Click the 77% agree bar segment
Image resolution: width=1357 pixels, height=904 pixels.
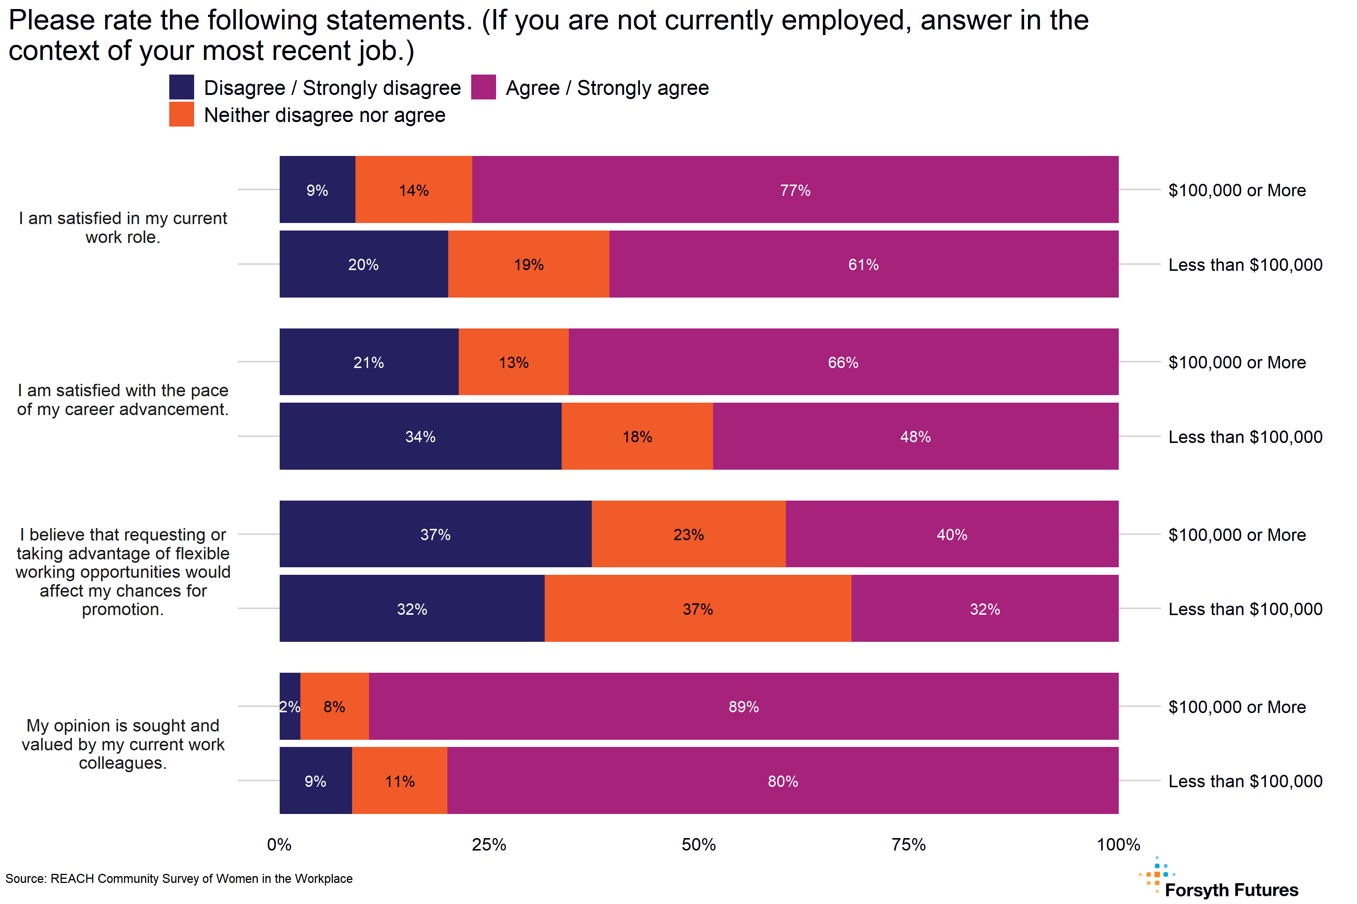click(795, 190)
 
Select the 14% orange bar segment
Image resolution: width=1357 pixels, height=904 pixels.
click(414, 190)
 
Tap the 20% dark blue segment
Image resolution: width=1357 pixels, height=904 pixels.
click(363, 264)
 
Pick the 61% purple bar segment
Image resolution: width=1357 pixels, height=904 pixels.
click(863, 264)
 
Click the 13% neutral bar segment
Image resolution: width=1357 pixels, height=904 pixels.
click(513, 362)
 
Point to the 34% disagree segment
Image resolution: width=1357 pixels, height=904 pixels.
click(420, 437)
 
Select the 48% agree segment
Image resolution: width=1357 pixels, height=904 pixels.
click(915, 437)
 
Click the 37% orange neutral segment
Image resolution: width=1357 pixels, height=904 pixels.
click(698, 609)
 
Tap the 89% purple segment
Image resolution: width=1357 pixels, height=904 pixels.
click(743, 706)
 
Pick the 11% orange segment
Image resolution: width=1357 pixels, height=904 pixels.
click(399, 780)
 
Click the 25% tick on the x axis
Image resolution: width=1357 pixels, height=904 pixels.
click(489, 844)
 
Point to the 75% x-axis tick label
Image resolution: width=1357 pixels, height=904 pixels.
click(908, 844)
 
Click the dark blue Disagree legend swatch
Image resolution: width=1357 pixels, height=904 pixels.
click(181, 87)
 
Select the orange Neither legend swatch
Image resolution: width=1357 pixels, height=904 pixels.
click(181, 114)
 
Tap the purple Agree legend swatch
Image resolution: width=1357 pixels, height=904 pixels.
click(483, 87)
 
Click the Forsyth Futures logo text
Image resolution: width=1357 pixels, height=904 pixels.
click(1231, 890)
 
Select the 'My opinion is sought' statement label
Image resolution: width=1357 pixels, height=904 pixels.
click(123, 744)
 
